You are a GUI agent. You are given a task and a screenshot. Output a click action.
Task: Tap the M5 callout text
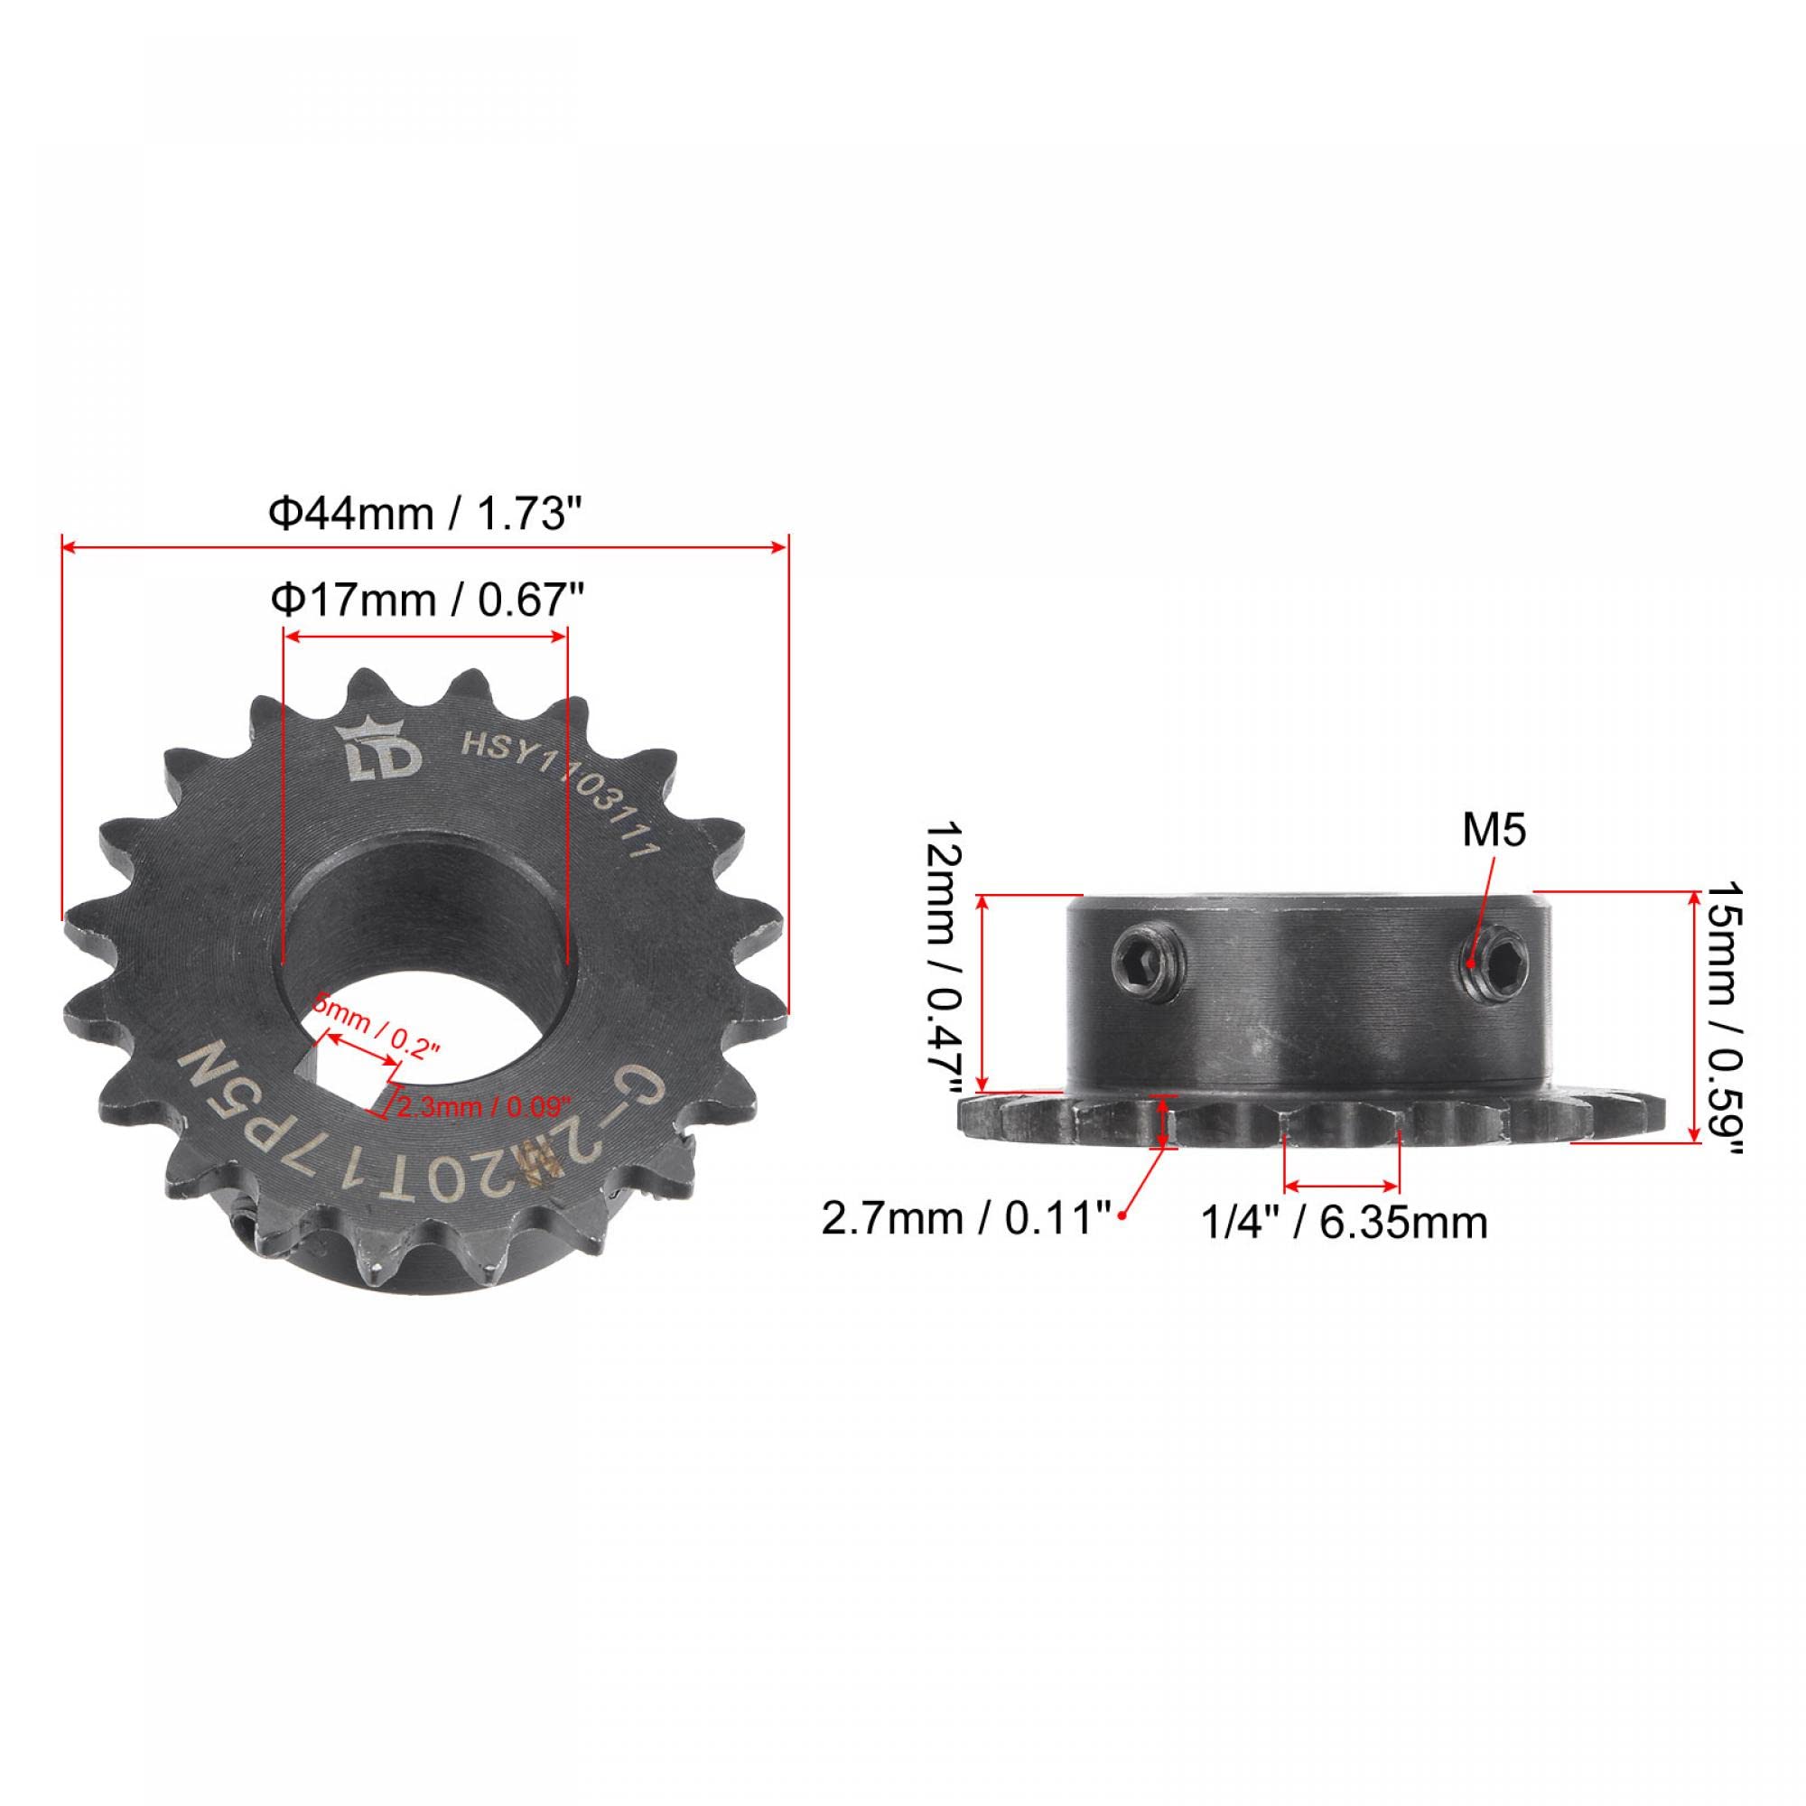pyautogui.click(x=1494, y=831)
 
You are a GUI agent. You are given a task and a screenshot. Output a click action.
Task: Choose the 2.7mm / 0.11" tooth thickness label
pyautogui.click(x=964, y=1219)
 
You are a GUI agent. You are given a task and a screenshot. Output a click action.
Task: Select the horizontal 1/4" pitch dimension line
pyautogui.click(x=1343, y=1187)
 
